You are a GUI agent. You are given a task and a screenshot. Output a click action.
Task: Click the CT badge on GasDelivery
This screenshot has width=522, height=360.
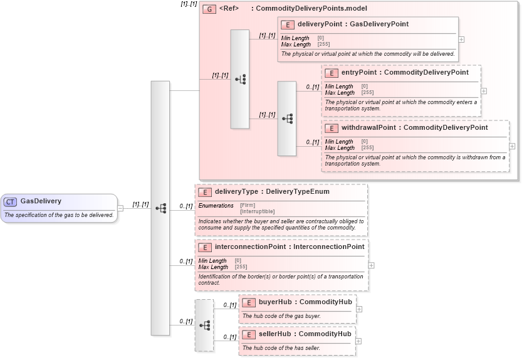11,202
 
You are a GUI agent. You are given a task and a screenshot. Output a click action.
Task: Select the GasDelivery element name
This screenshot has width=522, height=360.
41,201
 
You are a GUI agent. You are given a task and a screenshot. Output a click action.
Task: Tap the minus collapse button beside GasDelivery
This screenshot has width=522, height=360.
120,208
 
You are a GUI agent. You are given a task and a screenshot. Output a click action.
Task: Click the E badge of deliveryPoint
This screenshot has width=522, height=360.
288,24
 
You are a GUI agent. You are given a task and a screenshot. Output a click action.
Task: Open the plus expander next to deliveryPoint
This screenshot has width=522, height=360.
462,39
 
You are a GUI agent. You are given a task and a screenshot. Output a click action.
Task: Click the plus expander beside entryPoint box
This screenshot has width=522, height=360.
484,91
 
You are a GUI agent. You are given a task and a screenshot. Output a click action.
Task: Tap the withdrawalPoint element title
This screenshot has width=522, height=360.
414,128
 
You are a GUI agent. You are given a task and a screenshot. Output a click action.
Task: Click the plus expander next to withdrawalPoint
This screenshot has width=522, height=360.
512,146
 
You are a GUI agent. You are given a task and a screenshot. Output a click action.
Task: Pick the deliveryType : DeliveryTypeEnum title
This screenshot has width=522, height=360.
272,192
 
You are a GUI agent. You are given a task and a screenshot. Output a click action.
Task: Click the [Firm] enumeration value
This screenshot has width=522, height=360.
248,206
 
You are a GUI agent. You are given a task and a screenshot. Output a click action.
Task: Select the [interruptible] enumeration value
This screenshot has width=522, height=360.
258,211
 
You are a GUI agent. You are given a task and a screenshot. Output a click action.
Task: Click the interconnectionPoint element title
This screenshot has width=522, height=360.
289,247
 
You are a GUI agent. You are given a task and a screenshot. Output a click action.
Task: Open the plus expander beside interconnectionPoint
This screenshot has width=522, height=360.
371,265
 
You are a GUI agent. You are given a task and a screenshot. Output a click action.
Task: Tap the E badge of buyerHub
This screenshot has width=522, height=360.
249,302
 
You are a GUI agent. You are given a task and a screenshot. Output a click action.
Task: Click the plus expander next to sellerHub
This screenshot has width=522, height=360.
358,341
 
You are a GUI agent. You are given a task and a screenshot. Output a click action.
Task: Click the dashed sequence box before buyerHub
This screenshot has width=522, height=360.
204,325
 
